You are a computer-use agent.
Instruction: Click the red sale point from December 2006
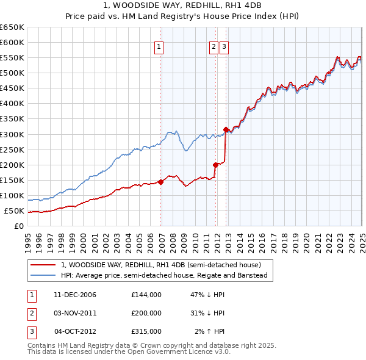pos(161,181)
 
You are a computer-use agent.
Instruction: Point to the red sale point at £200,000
pos(215,164)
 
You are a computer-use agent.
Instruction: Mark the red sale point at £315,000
pos(226,129)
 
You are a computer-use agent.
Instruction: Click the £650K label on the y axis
pos(12,27)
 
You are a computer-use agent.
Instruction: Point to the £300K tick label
pos(12,134)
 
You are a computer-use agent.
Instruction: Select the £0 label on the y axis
pos(18,226)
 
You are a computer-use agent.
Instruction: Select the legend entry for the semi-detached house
pos(161,265)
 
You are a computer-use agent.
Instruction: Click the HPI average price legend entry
pos(165,275)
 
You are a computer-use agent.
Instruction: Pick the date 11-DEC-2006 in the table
pos(75,295)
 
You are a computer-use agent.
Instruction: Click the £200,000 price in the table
pos(146,312)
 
